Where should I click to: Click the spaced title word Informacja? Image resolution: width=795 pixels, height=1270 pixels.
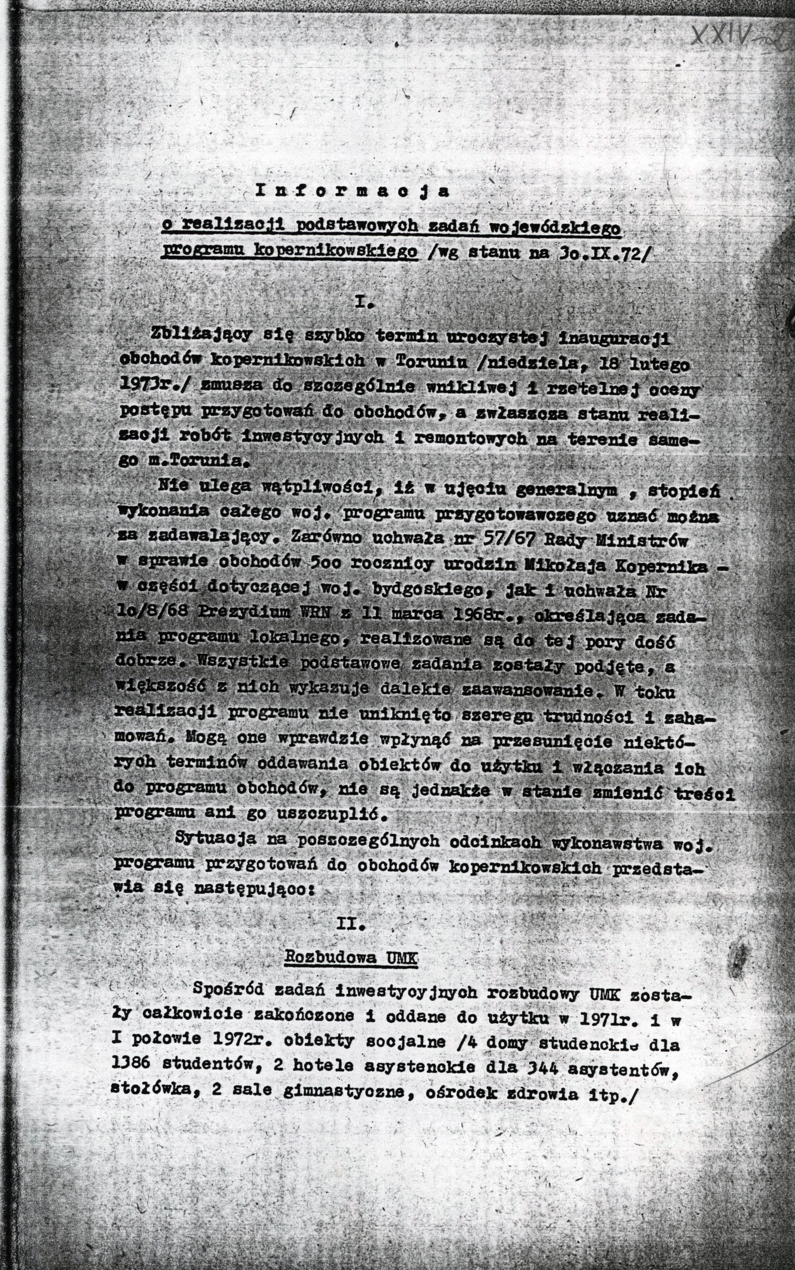(353, 192)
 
